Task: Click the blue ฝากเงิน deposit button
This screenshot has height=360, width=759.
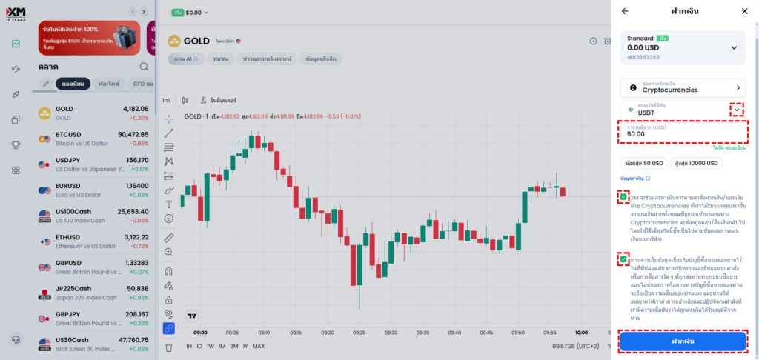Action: (683, 341)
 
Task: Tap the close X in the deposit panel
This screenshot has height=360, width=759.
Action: (744, 11)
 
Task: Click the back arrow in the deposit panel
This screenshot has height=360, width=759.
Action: (625, 11)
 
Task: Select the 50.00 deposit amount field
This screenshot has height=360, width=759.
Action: (683, 134)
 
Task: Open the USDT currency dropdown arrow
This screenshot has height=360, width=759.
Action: (736, 110)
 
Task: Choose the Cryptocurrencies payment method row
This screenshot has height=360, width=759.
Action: (683, 87)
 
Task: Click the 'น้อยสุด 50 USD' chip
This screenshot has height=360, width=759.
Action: (643, 163)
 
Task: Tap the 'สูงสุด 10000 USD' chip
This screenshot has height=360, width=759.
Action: (696, 163)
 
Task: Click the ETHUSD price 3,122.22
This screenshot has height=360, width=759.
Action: (132, 237)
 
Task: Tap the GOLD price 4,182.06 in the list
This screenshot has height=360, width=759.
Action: (132, 109)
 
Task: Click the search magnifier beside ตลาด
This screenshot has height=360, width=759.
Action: (144, 66)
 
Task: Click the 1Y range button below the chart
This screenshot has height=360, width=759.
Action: (245, 346)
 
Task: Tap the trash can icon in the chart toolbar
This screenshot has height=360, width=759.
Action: (169, 346)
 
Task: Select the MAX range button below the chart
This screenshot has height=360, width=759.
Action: (259, 346)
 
